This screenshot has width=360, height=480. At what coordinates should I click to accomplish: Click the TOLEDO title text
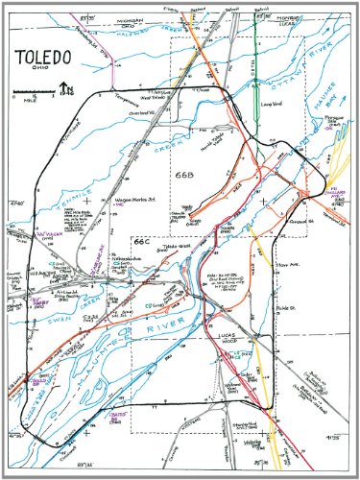(46, 59)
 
